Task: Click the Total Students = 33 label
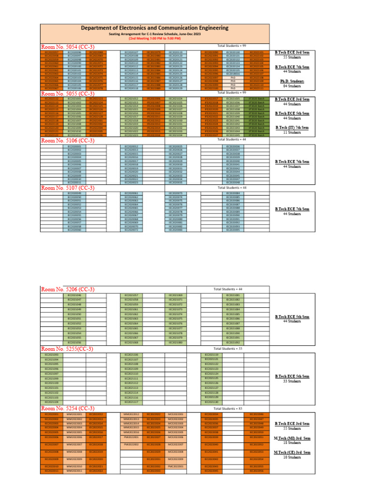click(x=230, y=348)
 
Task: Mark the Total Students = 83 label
click(x=230, y=408)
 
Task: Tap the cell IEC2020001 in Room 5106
click(x=74, y=146)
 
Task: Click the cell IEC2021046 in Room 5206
click(x=74, y=295)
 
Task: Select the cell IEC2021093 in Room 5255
click(x=51, y=355)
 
